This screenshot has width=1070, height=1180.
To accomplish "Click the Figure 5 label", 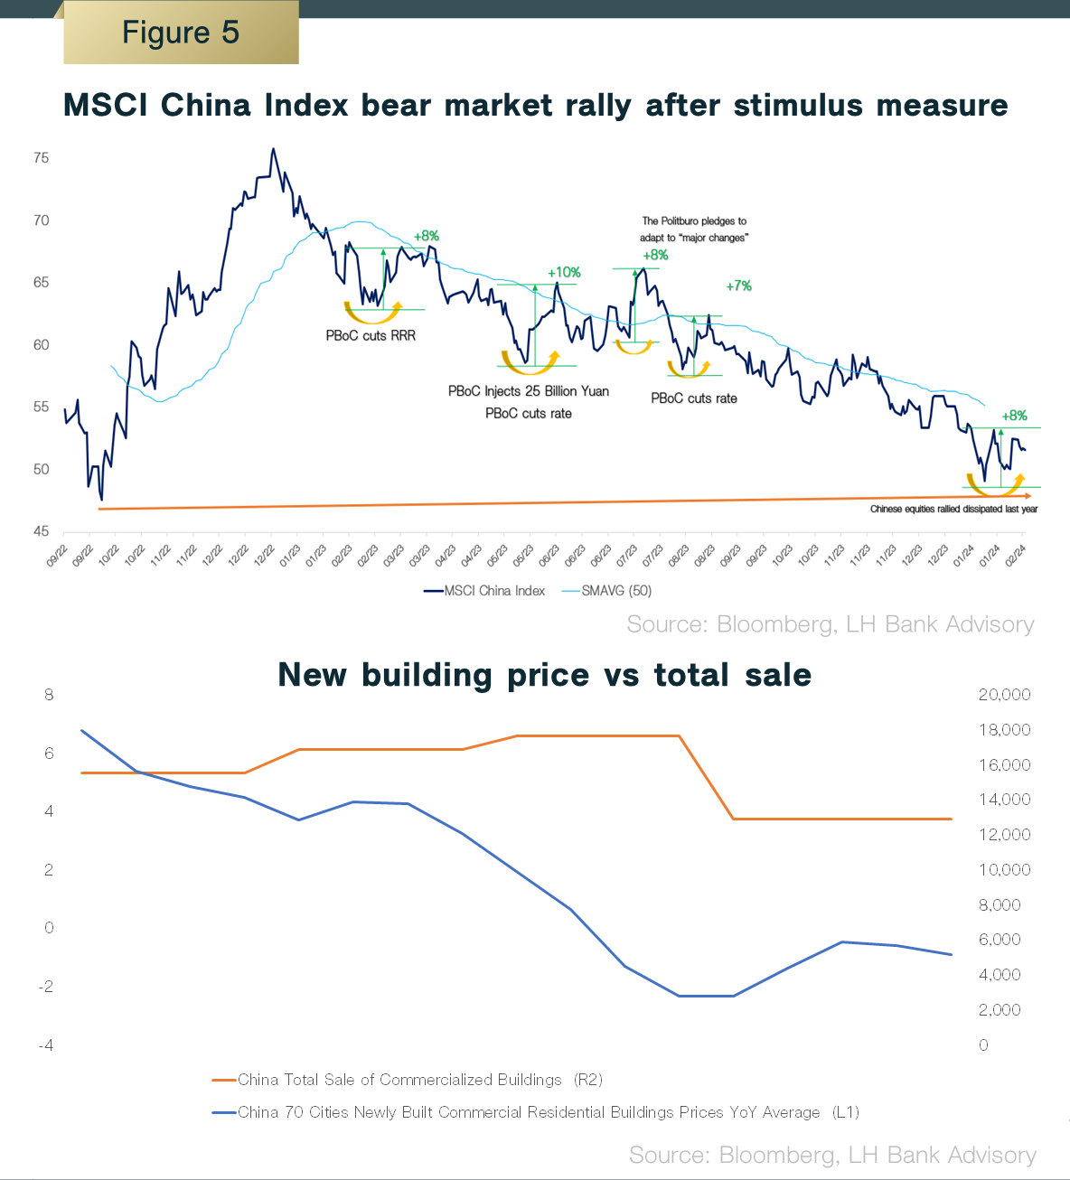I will [x=181, y=33].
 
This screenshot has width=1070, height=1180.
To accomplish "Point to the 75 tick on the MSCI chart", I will [x=41, y=158].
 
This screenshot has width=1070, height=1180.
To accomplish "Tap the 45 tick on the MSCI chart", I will [x=41, y=531].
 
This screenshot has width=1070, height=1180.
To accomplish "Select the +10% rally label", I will [x=564, y=272].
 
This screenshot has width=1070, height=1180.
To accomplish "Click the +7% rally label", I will [x=738, y=286].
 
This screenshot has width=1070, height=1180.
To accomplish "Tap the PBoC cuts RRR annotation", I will [x=371, y=335].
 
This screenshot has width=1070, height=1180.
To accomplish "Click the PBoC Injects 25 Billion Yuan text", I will [x=529, y=391].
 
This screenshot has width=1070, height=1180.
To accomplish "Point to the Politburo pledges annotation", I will [x=694, y=229].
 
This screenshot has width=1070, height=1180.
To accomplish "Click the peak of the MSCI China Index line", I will [x=273, y=149].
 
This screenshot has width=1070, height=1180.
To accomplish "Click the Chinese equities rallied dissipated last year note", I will [x=953, y=510].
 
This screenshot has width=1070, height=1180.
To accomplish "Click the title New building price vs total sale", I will [x=544, y=675].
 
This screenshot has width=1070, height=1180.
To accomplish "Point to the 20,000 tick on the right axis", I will [x=1004, y=695].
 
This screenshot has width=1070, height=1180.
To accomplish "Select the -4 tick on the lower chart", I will [x=46, y=1045].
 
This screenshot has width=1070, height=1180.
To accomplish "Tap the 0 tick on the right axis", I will [x=983, y=1045].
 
